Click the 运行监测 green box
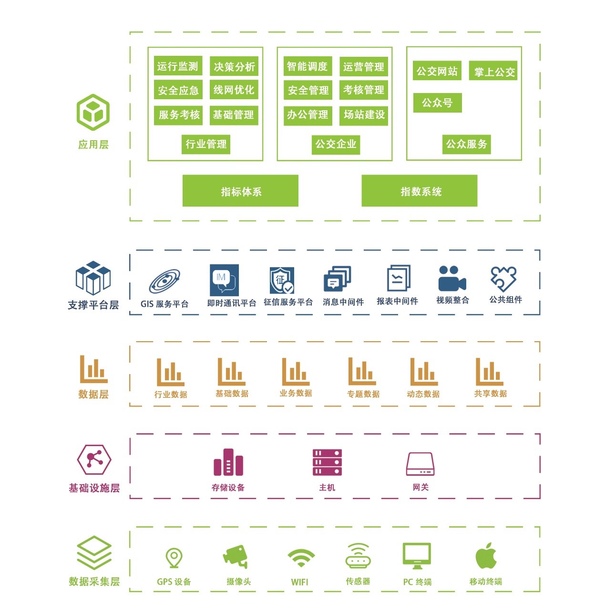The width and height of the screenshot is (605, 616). point(177,66)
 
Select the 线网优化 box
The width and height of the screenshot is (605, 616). point(234,90)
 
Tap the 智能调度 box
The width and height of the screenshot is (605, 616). point(307,66)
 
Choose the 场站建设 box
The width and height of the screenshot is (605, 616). point(364,115)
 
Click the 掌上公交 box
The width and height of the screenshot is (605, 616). point(493,72)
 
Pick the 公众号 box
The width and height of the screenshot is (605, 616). point(437,103)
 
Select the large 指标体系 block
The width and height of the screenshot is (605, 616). point(240,191)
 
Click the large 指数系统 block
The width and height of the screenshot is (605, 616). point(420,191)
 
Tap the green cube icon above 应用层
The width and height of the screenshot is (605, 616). point(93,113)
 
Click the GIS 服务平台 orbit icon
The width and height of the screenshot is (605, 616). point(164,282)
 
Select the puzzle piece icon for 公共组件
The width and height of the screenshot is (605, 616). point(503,278)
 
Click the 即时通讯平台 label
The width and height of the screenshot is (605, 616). point(232,303)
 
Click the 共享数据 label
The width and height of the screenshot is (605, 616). point(490,394)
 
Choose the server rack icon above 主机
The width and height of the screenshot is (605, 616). point(327,462)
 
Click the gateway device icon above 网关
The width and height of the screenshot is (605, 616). point(420,464)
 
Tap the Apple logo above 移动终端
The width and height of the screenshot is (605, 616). point(486,556)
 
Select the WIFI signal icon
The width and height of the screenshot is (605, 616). point(301,557)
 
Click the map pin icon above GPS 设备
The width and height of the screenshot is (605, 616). point(174,557)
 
